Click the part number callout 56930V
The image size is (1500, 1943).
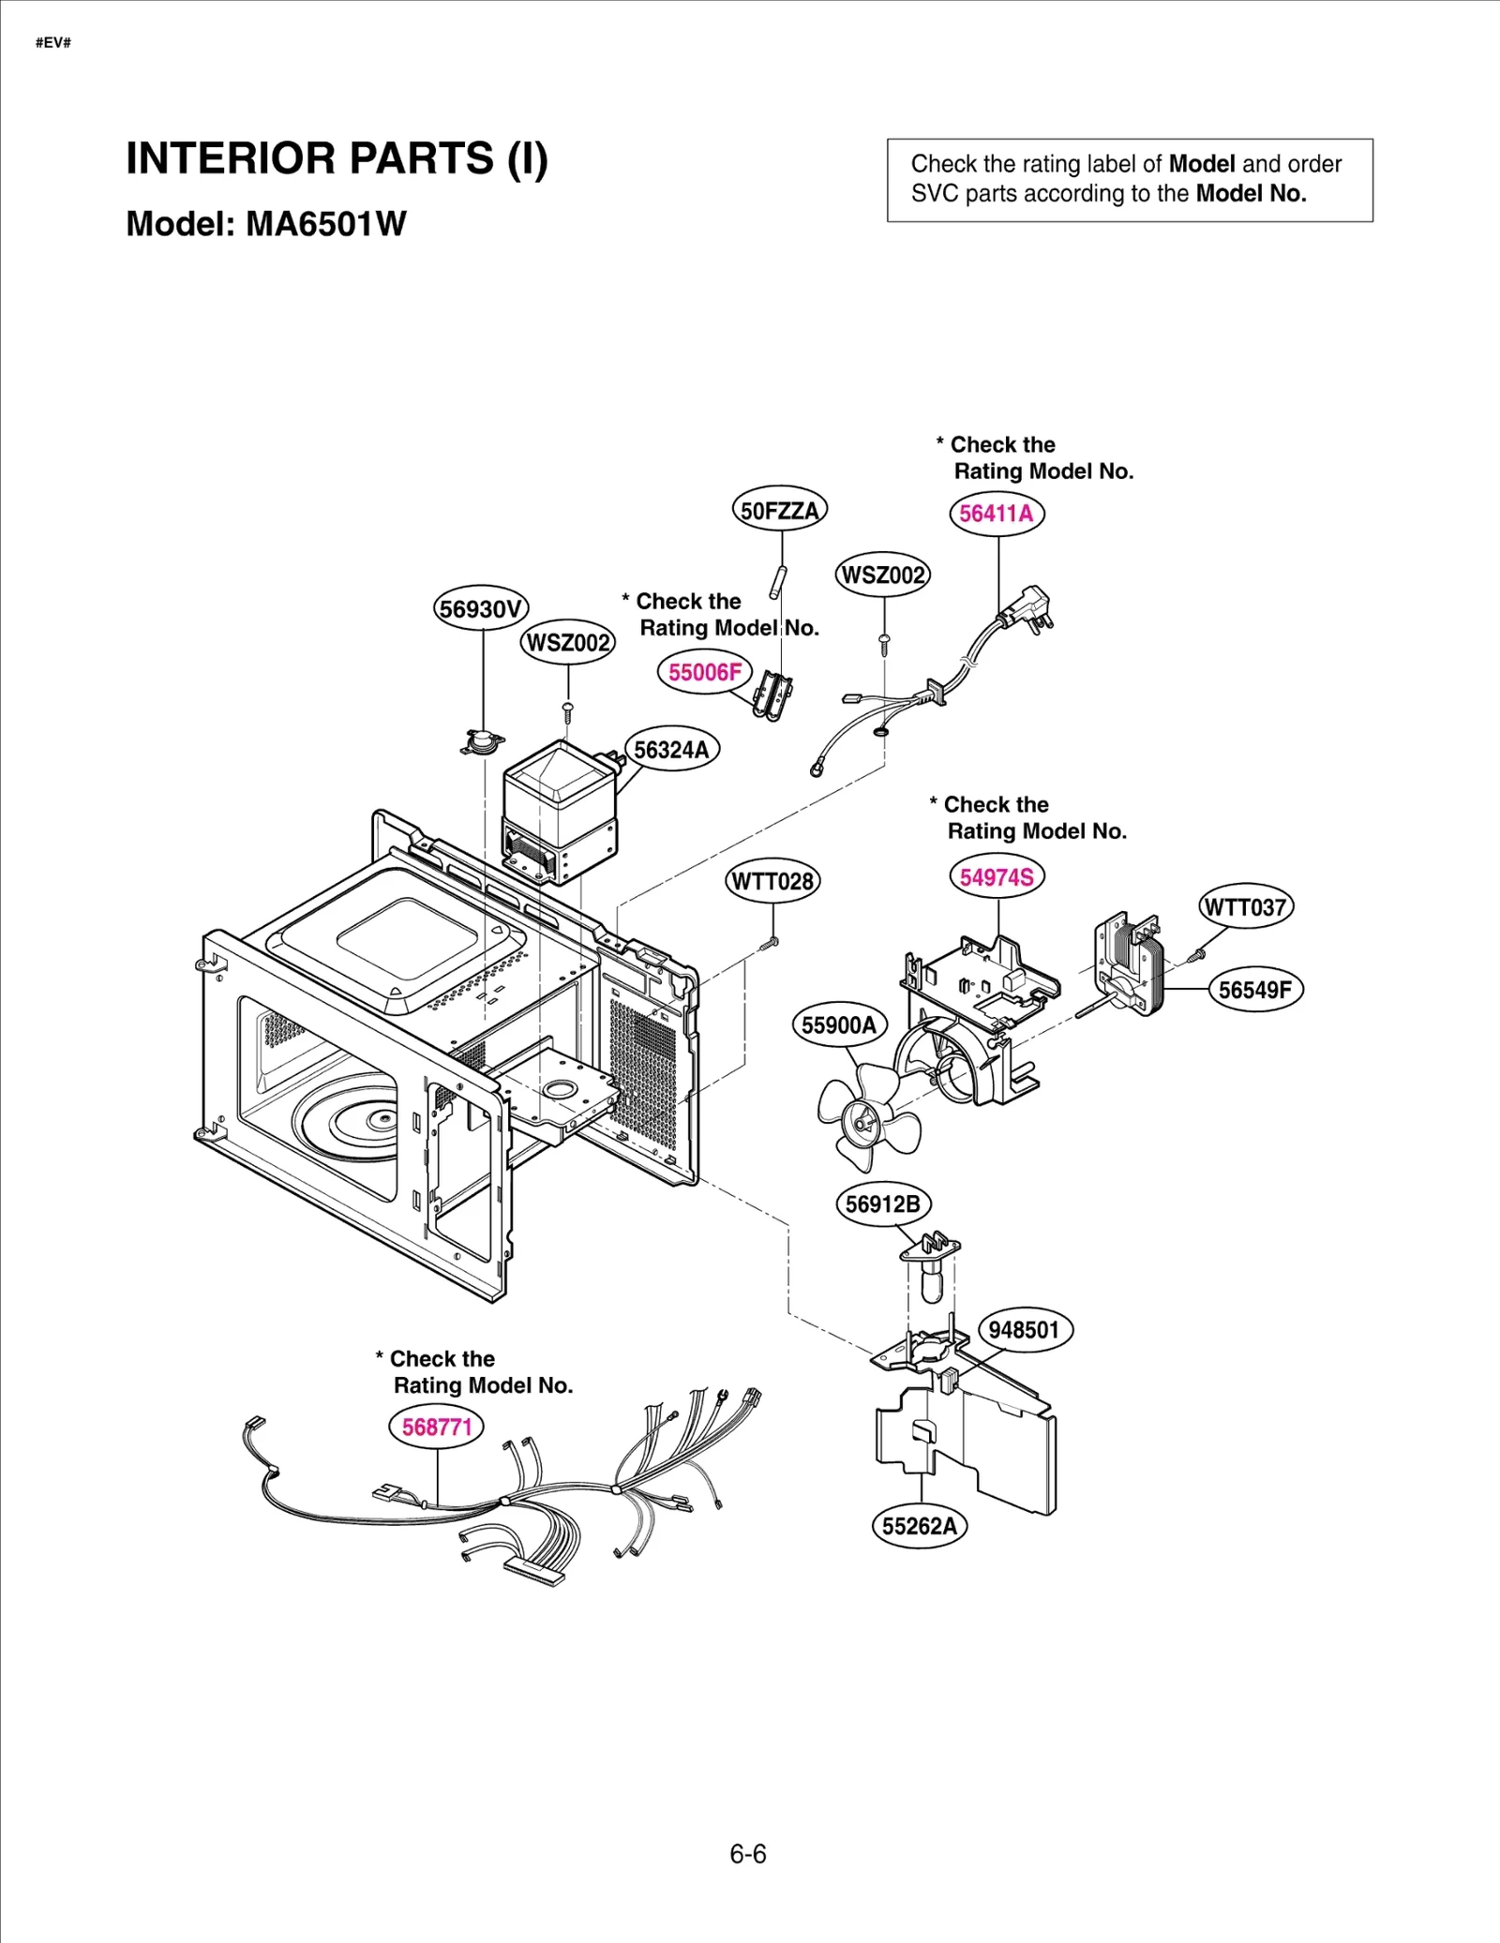[481, 609]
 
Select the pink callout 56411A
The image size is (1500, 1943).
[997, 514]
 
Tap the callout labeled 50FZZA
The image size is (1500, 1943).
[779, 511]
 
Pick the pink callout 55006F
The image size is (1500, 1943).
[705, 672]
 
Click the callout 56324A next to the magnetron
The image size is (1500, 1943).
[671, 750]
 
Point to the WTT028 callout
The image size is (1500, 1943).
[772, 881]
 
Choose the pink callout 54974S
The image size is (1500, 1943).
[997, 877]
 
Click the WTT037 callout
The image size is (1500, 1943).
[1246, 907]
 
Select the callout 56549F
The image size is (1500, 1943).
[1255, 990]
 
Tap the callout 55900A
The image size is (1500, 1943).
[839, 1025]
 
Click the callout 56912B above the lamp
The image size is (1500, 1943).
[882, 1204]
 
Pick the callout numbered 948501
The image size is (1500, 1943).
[1024, 1330]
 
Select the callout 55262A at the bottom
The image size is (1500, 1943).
[920, 1526]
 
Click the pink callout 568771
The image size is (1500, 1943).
[436, 1427]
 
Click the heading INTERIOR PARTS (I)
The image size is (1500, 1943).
[337, 158]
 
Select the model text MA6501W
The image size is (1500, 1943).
[325, 224]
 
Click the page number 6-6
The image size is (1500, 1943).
[748, 1854]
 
